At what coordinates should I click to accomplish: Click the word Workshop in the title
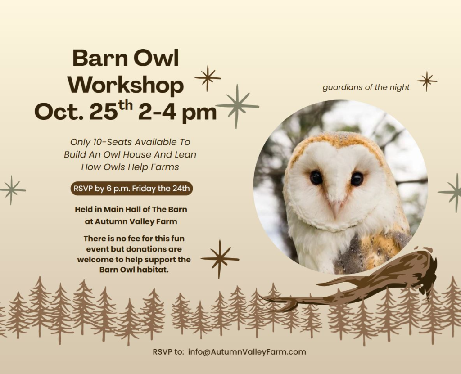click(x=128, y=85)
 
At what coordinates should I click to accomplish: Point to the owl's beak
click(x=335, y=207)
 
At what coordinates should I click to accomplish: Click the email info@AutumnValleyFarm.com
click(x=247, y=352)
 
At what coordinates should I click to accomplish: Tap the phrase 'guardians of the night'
click(x=366, y=87)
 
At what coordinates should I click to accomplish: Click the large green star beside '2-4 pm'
click(x=237, y=106)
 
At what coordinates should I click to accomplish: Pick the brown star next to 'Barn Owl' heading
click(x=208, y=78)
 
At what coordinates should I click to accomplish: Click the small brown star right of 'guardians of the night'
click(x=427, y=81)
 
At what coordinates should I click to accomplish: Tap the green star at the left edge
click(x=11, y=190)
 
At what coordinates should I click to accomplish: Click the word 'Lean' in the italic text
click(x=186, y=154)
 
